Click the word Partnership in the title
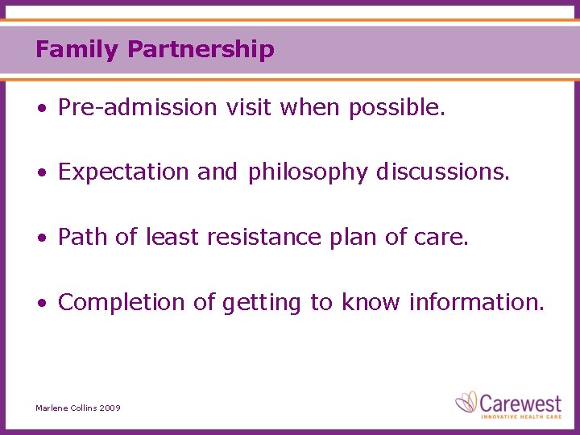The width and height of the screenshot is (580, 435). [x=201, y=50]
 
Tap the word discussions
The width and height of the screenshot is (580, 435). [x=443, y=172]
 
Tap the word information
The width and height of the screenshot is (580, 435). [x=477, y=302]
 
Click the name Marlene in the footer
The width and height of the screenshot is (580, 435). [x=53, y=408]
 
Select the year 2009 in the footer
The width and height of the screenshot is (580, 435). [x=110, y=408]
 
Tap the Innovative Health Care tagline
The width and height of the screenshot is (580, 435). [x=520, y=416]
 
